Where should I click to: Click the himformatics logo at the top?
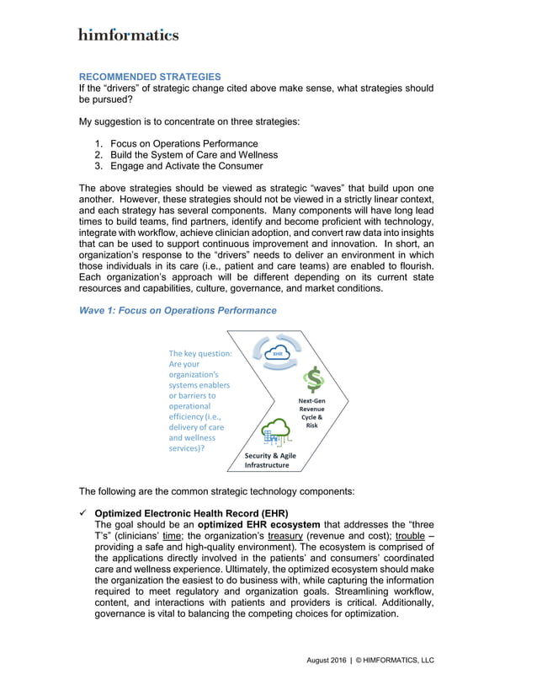click(x=128, y=35)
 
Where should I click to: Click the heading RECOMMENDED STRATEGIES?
click(x=150, y=77)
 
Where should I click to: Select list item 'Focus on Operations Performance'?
click(x=183, y=143)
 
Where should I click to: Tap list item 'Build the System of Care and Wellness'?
click(x=194, y=155)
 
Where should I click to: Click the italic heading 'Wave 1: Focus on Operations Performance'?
click(x=178, y=310)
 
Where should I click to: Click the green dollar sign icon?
click(x=314, y=381)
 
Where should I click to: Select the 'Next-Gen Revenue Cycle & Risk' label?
click(x=311, y=413)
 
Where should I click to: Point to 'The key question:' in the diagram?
click(x=200, y=354)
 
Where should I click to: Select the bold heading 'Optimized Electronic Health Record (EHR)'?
click(x=191, y=513)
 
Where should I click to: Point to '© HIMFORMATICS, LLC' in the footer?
click(x=395, y=660)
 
